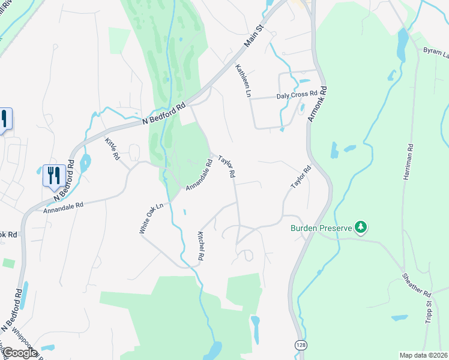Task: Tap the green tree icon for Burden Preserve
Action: (361, 227)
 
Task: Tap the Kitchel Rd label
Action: (201, 245)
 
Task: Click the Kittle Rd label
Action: (112, 148)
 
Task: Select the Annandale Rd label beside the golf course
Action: (199, 175)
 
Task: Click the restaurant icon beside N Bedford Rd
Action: (54, 175)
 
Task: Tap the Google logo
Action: (19, 353)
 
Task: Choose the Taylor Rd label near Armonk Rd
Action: (301, 178)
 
